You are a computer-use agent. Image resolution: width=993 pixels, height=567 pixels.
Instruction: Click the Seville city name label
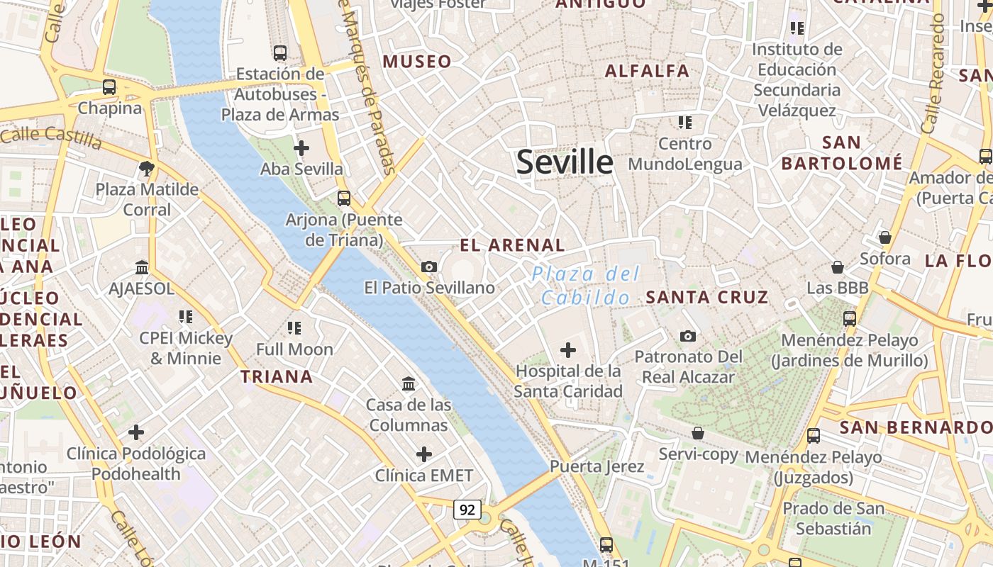click(565, 162)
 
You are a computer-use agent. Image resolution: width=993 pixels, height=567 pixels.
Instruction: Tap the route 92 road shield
click(467, 509)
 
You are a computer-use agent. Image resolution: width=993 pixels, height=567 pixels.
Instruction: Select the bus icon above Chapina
click(109, 87)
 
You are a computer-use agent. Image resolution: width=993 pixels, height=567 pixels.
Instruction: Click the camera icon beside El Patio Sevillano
click(428, 266)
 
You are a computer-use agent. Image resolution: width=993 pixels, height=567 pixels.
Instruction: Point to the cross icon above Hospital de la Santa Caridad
click(568, 349)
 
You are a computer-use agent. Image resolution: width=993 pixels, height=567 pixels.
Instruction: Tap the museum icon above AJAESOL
click(142, 267)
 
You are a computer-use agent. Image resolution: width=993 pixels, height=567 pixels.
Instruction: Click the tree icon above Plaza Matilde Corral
click(147, 169)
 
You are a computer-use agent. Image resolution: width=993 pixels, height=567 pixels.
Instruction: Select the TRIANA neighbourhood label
click(277, 376)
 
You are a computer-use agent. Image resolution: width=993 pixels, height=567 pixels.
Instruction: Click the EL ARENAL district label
click(512, 246)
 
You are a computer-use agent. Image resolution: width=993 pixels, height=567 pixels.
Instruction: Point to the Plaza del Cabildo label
click(586, 286)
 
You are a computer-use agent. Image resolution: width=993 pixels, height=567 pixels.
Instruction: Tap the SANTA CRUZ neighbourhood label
click(707, 297)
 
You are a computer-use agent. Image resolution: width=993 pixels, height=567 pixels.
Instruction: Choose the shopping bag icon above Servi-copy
click(698, 432)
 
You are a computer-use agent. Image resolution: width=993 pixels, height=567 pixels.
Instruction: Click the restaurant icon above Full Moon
click(294, 327)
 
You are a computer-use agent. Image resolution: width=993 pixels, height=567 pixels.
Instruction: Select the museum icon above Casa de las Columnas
click(409, 383)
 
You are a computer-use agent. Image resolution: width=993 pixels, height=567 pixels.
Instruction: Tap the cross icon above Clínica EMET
click(424, 454)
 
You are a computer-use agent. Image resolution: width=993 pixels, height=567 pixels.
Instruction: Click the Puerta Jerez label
click(597, 466)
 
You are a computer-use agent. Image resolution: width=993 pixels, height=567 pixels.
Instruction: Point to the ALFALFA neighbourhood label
click(647, 71)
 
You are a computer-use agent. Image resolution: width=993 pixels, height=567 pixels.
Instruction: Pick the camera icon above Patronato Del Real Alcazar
click(687, 336)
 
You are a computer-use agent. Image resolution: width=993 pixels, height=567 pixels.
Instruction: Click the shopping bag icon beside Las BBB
click(838, 267)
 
